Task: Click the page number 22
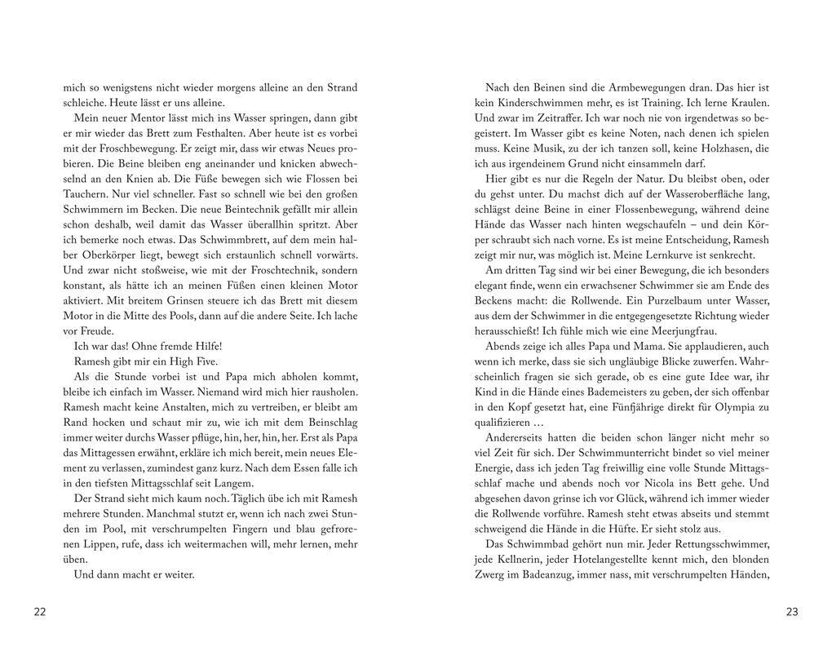[40, 612]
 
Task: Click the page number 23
[791, 612]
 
